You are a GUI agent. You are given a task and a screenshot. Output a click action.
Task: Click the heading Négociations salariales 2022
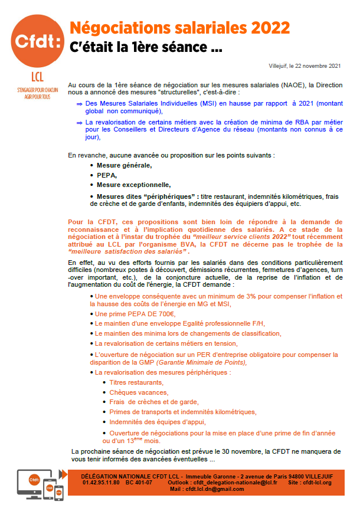pos(179,28)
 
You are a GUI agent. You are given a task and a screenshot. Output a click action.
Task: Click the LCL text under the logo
pos(36,77)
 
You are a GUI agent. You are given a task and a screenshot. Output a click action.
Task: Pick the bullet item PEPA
pos(107,175)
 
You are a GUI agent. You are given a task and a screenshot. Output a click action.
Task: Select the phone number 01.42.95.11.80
pos(98,482)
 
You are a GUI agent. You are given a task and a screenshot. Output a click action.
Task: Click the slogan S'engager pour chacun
pos(35,89)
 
